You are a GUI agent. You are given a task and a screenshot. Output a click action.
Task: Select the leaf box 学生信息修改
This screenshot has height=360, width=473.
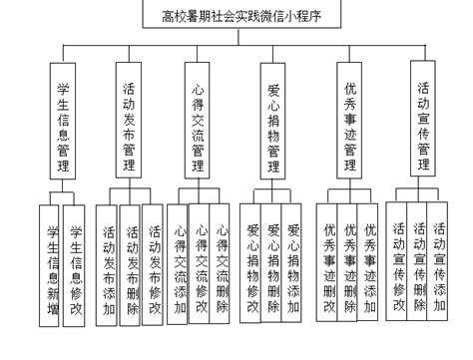(x=76, y=263)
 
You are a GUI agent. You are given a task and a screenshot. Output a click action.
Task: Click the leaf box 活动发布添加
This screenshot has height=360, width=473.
(x=107, y=263)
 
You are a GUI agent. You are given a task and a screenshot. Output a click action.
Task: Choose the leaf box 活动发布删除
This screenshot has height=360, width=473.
(x=131, y=263)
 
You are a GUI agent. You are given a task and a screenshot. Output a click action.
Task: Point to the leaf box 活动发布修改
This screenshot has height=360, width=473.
(x=154, y=263)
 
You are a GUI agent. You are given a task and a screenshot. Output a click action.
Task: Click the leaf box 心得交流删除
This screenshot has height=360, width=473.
(x=224, y=264)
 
